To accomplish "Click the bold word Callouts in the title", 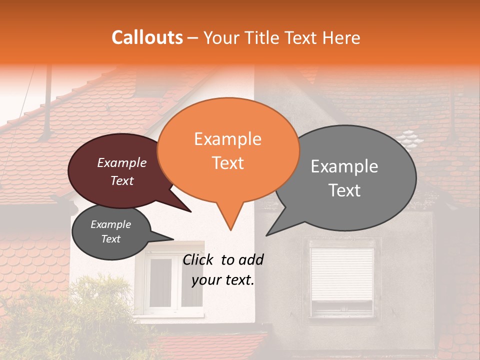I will click(x=147, y=37).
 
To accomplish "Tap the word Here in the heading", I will click(x=341, y=37).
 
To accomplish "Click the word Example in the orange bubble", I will click(x=227, y=138).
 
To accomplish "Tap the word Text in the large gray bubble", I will click(x=345, y=190).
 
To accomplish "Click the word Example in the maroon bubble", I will click(x=121, y=162).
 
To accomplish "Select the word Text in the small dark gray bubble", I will click(x=110, y=239).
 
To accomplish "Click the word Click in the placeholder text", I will click(x=198, y=259).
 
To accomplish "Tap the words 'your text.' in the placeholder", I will click(x=222, y=280).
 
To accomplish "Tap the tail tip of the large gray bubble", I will click(x=267, y=234).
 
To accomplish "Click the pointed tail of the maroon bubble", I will click(x=189, y=210).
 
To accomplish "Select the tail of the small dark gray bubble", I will click(x=171, y=239).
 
